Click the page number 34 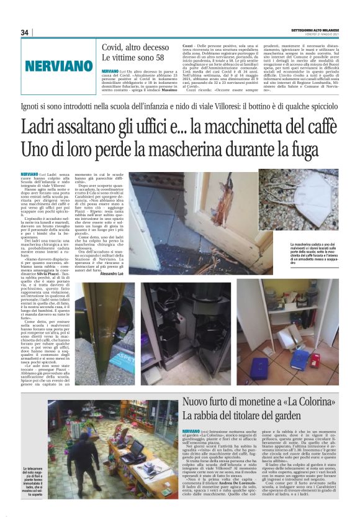click(25, 32)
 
